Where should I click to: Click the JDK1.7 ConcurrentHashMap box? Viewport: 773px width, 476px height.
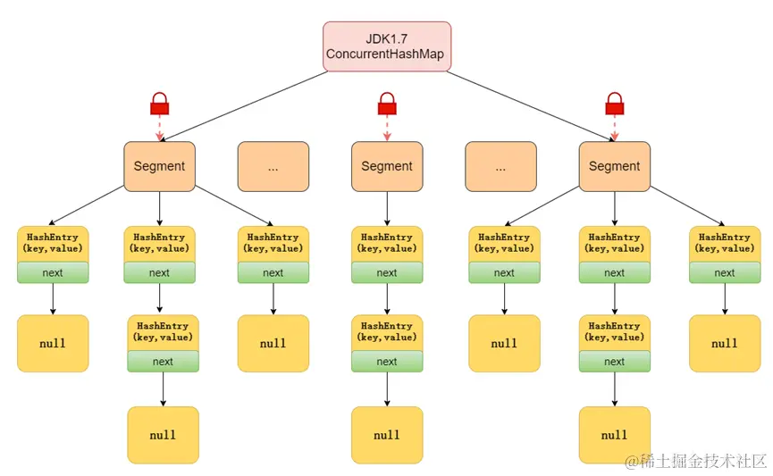(x=386, y=47)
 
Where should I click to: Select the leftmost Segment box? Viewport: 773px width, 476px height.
(x=159, y=166)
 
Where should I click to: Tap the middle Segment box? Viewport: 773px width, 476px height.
(x=386, y=166)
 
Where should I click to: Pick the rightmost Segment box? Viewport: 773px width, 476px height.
(x=614, y=166)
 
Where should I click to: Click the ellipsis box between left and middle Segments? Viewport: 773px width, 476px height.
(x=273, y=166)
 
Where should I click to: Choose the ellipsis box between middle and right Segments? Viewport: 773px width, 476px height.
(x=500, y=166)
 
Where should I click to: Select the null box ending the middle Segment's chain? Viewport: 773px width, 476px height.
(x=386, y=435)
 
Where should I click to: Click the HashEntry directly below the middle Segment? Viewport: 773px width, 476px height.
(x=386, y=243)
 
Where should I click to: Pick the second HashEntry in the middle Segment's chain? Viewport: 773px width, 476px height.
(x=386, y=331)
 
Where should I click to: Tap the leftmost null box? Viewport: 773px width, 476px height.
(x=53, y=343)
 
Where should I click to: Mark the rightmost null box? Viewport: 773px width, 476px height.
(x=724, y=343)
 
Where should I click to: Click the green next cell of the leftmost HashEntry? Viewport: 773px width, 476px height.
(x=53, y=273)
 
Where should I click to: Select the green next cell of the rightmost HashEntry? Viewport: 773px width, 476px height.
(x=724, y=273)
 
